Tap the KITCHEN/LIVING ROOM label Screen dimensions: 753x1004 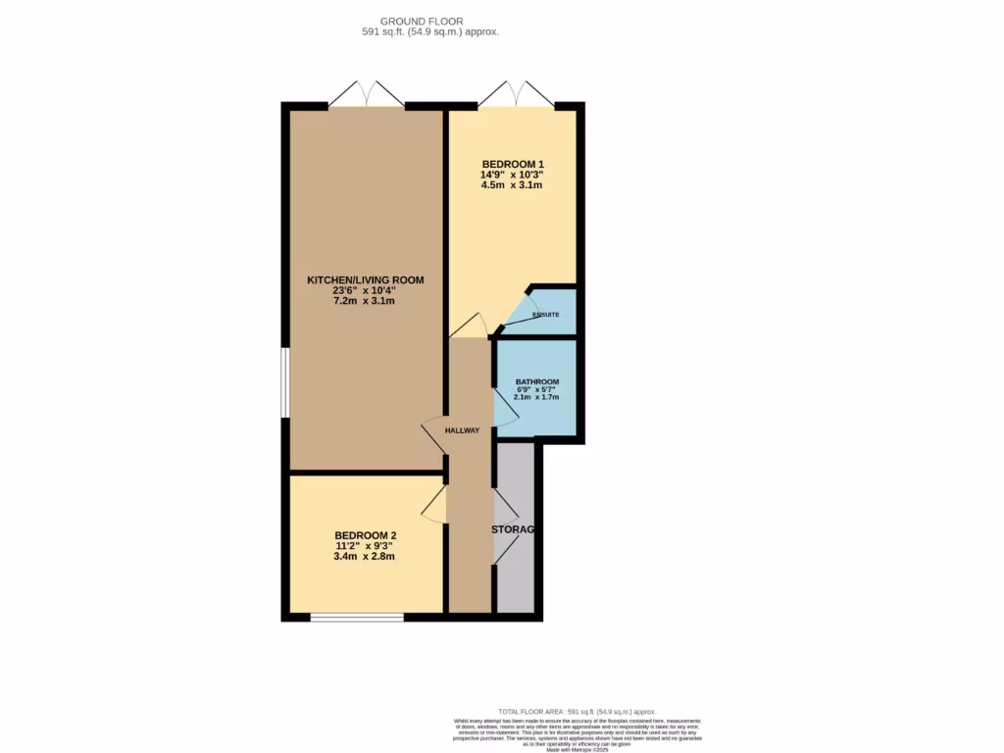tap(365, 279)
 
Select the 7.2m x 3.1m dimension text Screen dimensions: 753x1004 tap(365, 301)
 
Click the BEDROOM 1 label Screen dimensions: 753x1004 tap(512, 164)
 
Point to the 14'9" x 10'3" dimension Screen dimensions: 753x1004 tap(512, 175)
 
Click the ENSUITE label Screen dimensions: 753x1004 tap(546, 315)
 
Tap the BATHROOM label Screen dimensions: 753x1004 tap(537, 381)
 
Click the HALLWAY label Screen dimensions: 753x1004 tap(462, 430)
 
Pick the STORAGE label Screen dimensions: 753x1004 tap(514, 529)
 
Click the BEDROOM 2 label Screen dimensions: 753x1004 tap(365, 535)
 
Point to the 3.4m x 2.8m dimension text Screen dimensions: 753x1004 tap(365, 557)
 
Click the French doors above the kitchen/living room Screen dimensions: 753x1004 tap(366, 95)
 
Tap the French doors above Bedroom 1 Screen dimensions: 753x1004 tap(516, 95)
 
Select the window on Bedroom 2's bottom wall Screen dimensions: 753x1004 tap(357, 617)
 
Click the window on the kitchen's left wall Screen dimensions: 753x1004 tap(285, 381)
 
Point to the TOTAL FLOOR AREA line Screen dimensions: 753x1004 tap(577, 712)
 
